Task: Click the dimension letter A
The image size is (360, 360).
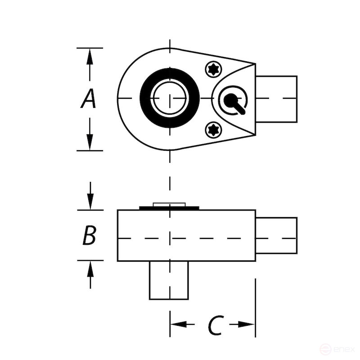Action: [x=89, y=99]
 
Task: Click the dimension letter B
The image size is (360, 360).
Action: [x=89, y=235]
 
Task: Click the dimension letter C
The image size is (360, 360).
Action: [x=215, y=325]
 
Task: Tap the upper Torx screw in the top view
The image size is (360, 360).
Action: [x=214, y=69]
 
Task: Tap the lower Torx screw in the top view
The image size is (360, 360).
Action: [x=213, y=130]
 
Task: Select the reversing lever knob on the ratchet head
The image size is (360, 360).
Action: [x=231, y=99]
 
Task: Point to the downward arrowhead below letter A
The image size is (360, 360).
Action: [x=90, y=142]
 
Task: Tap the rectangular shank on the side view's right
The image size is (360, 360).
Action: [x=276, y=235]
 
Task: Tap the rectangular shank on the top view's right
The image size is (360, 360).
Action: [x=276, y=99]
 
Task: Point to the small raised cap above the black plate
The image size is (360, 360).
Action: [x=169, y=204]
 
